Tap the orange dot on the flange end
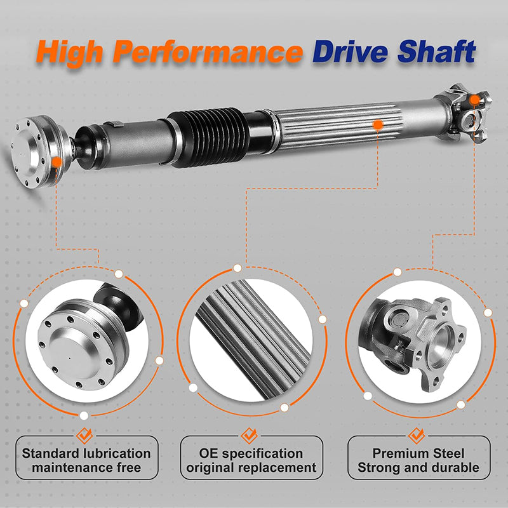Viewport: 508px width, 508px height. [x=57, y=162]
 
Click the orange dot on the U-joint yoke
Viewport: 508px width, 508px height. [x=476, y=100]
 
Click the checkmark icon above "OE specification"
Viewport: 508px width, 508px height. [x=248, y=435]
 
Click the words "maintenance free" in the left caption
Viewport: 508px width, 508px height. [x=87, y=469]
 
